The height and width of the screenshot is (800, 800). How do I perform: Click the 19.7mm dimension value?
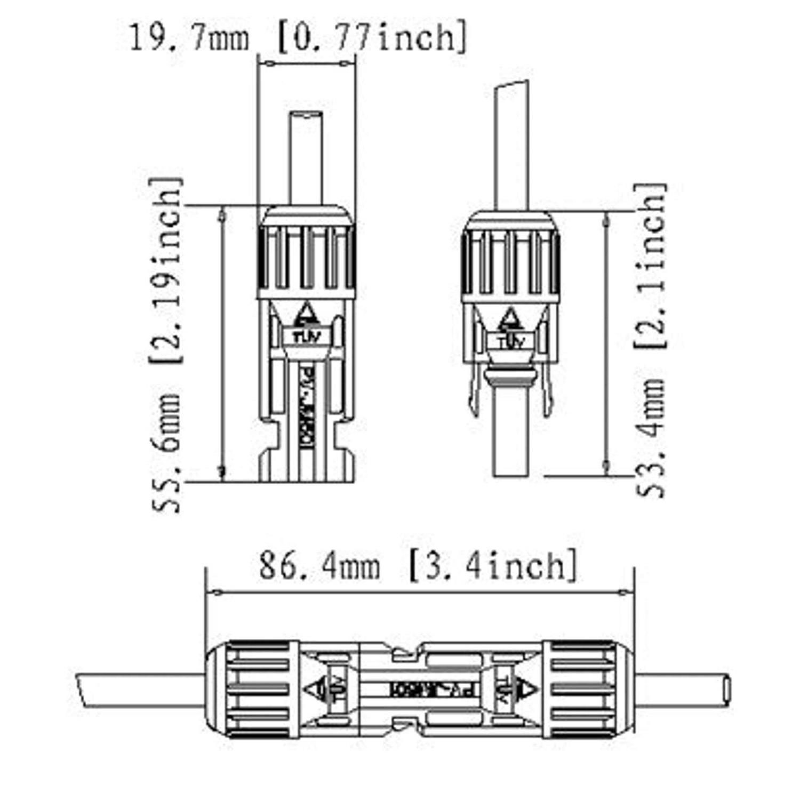click(189, 38)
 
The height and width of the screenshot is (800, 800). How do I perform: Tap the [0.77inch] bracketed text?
click(372, 37)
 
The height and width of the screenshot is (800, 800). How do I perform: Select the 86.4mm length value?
click(319, 566)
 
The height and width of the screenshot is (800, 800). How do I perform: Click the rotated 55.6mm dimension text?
click(166, 452)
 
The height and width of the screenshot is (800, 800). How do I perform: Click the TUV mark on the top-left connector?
click(306, 336)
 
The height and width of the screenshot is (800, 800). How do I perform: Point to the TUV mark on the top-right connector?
click(511, 342)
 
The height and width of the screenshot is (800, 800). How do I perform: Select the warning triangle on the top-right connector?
click(511, 320)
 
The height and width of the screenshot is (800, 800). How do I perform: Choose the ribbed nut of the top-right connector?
click(511, 261)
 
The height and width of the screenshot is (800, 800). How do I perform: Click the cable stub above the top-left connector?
click(306, 157)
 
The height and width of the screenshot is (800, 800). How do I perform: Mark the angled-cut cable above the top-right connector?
click(512, 144)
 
